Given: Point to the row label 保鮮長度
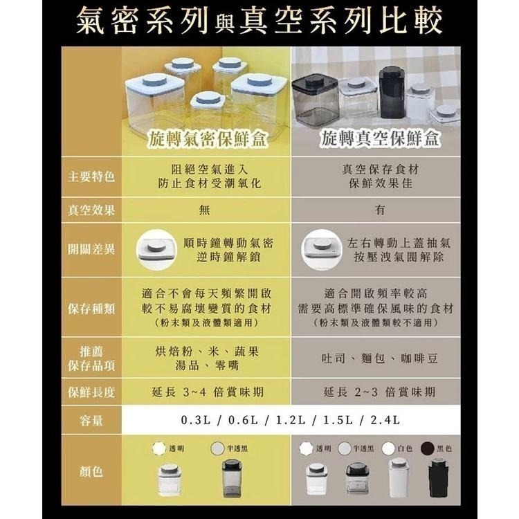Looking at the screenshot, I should (x=91, y=392).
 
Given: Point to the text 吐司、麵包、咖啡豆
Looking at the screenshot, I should (x=379, y=359).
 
